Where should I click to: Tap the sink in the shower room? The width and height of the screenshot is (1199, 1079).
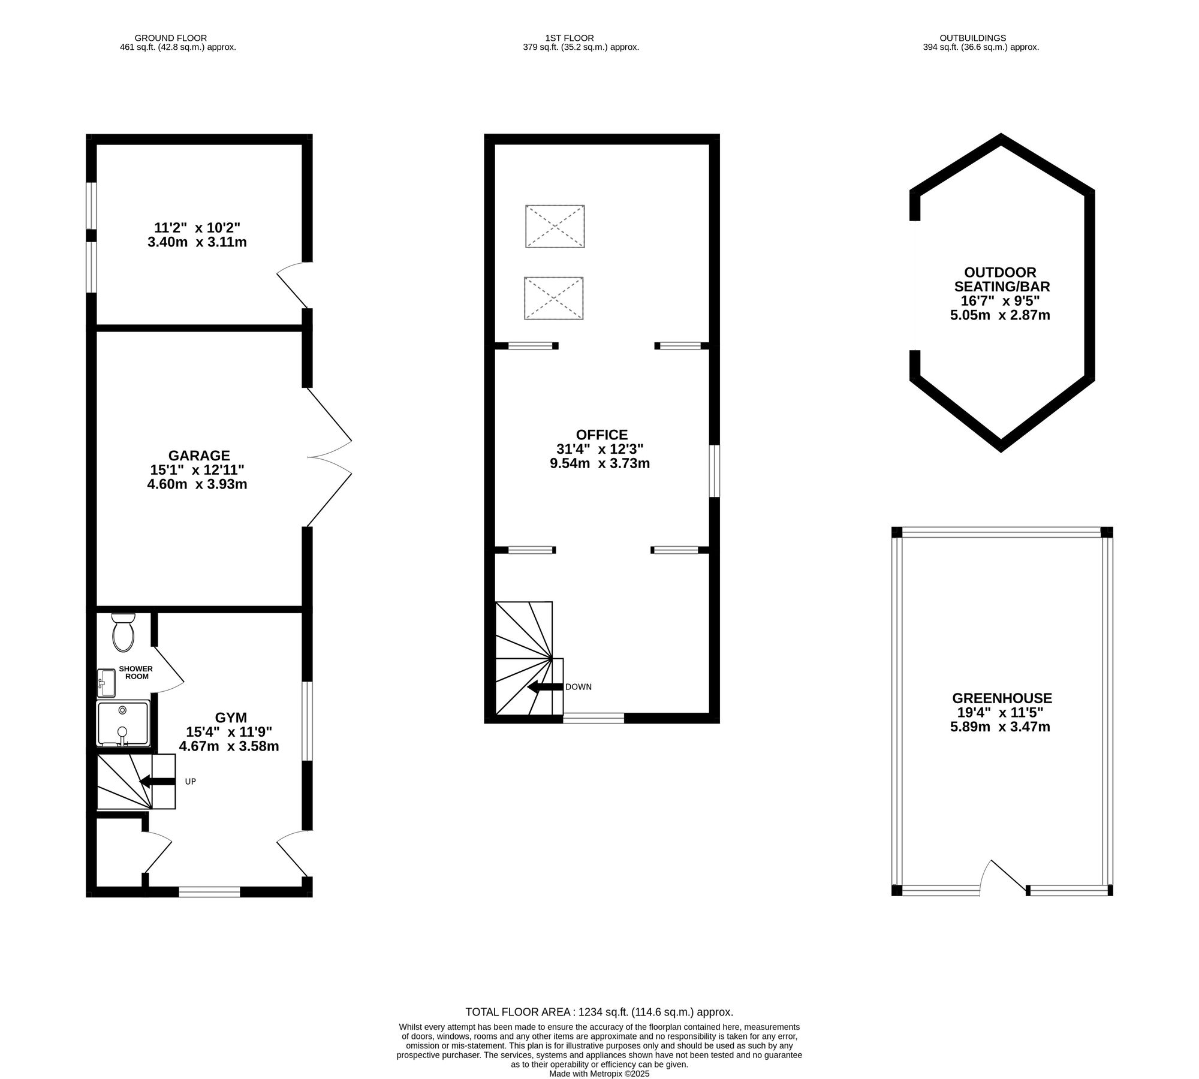[x=107, y=683]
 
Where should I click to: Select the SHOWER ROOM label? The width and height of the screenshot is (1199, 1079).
[x=135, y=672]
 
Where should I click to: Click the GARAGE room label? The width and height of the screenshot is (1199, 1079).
[x=198, y=456]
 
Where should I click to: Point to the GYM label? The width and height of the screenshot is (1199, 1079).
[x=231, y=718]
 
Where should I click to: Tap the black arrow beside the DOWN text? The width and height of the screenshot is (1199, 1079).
[x=543, y=686]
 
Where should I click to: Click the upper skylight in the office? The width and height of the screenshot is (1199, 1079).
[x=555, y=227]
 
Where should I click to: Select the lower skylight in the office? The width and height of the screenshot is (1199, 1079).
[x=553, y=298]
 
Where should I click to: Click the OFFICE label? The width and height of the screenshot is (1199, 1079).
[x=601, y=435]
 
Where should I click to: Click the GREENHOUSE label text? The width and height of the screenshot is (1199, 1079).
[x=1002, y=698]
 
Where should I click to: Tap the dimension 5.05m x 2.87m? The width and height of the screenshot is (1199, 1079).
[x=1000, y=315]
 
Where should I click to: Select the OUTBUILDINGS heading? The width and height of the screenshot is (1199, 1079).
[x=981, y=38]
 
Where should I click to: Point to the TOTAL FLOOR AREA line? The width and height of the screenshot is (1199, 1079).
[x=599, y=1012]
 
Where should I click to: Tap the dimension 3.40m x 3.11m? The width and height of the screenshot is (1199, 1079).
[x=197, y=242]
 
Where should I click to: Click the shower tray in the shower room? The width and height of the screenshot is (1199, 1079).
[x=123, y=724]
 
